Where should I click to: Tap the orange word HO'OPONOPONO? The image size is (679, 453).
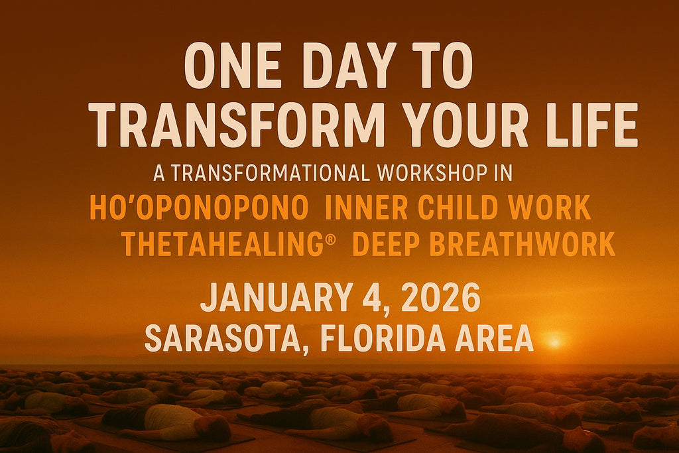[x=199, y=208]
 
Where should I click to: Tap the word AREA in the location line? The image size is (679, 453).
[x=494, y=338]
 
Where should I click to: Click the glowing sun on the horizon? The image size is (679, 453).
[x=554, y=342]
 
